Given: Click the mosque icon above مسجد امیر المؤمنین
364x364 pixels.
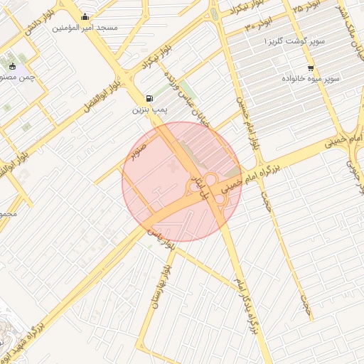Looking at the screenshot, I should (x=85, y=17).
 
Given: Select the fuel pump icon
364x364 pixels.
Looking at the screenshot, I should (x=149, y=99).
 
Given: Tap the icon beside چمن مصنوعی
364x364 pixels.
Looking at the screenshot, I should (x=12, y=67).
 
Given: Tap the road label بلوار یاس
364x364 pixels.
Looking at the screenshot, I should (x=159, y=239).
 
